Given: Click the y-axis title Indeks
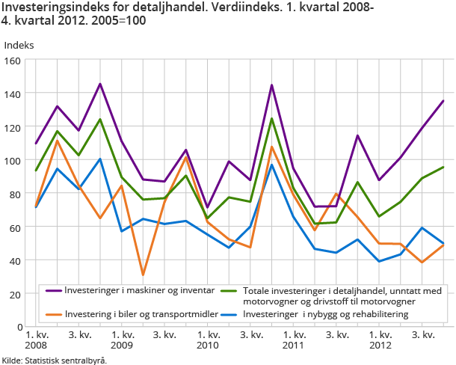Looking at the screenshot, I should [x=19, y=44].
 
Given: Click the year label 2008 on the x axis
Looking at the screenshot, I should [x=36, y=346].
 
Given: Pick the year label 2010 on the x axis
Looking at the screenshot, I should [x=208, y=346].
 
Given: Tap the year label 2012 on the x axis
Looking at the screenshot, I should [x=380, y=346].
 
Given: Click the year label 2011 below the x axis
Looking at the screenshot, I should [x=294, y=346].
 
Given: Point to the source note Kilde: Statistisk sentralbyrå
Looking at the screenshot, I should [x=54, y=360].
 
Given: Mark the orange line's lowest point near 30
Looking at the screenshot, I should [x=144, y=275].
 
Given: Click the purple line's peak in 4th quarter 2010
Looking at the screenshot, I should [x=272, y=85].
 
